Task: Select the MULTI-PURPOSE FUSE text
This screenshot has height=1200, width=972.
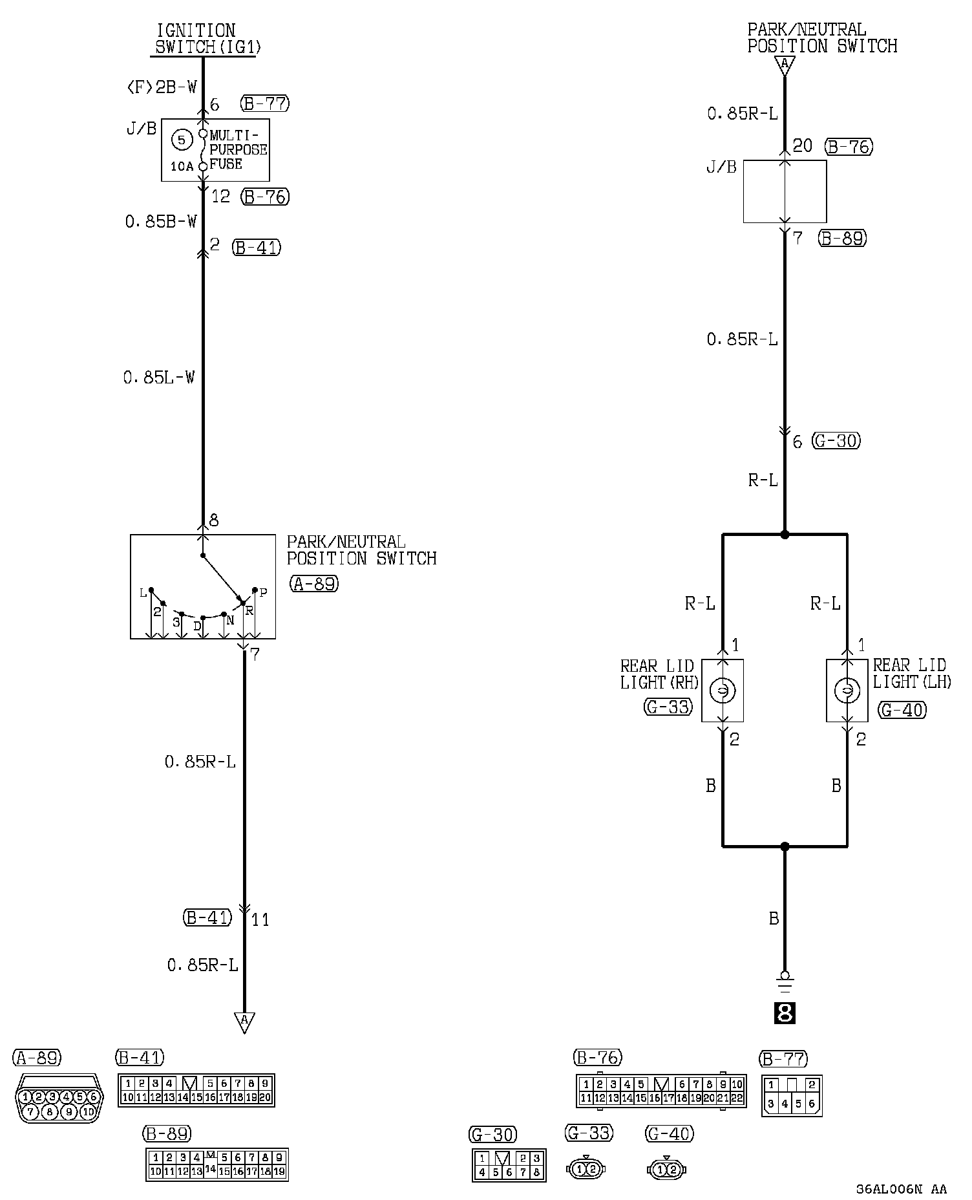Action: click(x=238, y=150)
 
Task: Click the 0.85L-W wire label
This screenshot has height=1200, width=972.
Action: click(x=159, y=377)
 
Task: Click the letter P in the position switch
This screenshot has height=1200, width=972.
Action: click(x=264, y=592)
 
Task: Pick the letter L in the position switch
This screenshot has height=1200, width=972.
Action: click(x=143, y=593)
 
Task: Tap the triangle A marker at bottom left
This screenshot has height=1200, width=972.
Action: click(x=244, y=1021)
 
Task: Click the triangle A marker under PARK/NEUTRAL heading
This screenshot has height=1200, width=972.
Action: click(x=785, y=65)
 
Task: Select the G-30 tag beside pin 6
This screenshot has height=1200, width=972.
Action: click(x=837, y=441)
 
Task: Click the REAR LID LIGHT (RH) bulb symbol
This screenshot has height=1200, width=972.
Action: click(x=723, y=691)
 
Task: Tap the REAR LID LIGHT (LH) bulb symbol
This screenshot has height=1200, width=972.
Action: click(x=847, y=691)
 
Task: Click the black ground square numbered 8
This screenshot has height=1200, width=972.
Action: click(x=785, y=1013)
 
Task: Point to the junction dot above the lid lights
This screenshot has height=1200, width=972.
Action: click(x=785, y=535)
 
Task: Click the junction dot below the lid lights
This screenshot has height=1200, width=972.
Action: click(x=785, y=846)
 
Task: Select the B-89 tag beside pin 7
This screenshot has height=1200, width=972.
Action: click(x=842, y=239)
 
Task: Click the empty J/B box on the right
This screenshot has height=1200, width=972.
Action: click(x=785, y=191)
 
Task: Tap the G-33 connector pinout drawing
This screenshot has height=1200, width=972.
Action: click(x=585, y=1169)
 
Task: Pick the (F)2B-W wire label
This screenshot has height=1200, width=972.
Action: click(x=162, y=87)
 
